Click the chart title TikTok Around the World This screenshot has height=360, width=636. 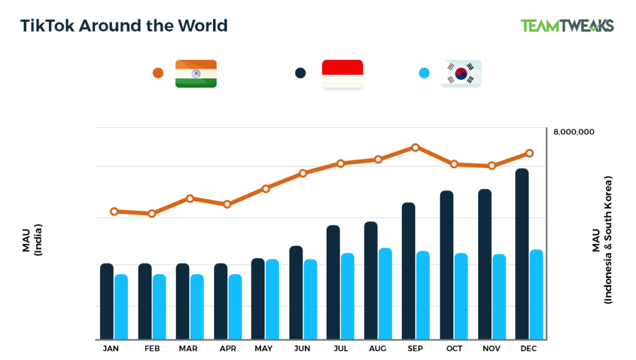pyautogui.click(x=124, y=25)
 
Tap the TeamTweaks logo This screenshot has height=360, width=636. pyautogui.click(x=567, y=25)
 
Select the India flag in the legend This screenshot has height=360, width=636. pyautogui.click(x=196, y=73)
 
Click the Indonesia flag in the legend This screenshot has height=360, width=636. pyautogui.click(x=342, y=73)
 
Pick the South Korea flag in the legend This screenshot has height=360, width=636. pyautogui.click(x=461, y=73)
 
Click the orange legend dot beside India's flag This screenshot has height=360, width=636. pyautogui.click(x=158, y=73)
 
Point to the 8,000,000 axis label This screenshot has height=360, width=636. pyautogui.click(x=573, y=132)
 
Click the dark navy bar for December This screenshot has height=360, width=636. pyautogui.click(x=522, y=254)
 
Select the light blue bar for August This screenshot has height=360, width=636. pyautogui.click(x=385, y=294)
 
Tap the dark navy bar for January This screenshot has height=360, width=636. pyautogui.click(x=107, y=302)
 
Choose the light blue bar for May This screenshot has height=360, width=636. pyautogui.click(x=272, y=299)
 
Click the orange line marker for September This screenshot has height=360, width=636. pyautogui.click(x=416, y=148)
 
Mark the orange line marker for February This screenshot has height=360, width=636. pyautogui.click(x=152, y=214)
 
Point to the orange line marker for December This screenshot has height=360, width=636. pyautogui.click(x=529, y=153)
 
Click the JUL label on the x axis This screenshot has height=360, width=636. pyautogui.click(x=340, y=349)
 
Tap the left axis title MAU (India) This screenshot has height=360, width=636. pyautogui.click(x=31, y=239)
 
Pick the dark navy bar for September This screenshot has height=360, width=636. pyautogui.click(x=408, y=271)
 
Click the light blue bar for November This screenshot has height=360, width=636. pyautogui.click(x=499, y=297)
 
